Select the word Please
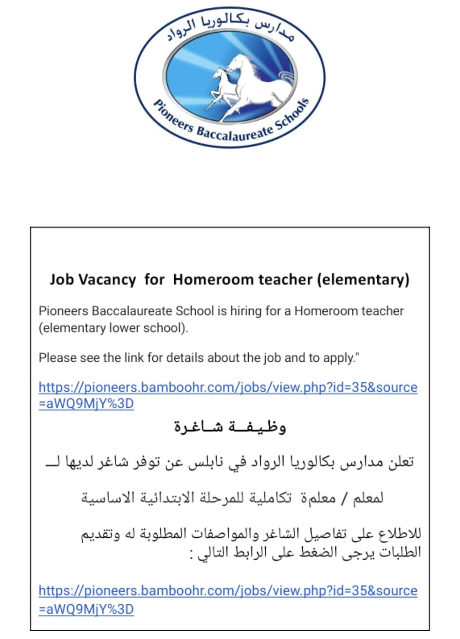coord(55,358)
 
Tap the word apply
coord(341,358)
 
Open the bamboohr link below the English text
coord(228,388)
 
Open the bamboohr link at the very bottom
coord(228,591)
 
